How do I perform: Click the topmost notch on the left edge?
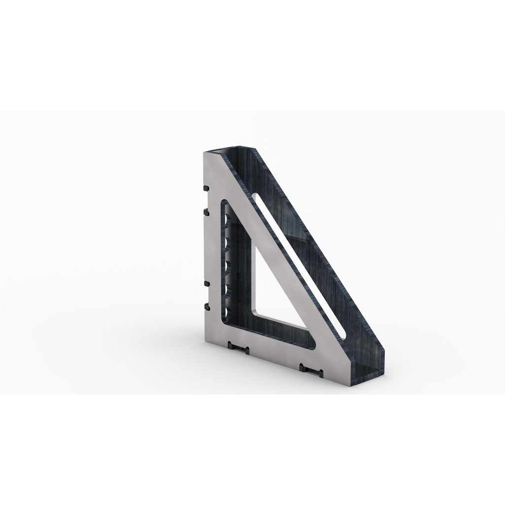tap(204, 188)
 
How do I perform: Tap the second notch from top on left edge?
tap(204, 211)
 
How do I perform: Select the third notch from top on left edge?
tap(204, 284)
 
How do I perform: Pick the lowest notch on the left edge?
tap(204, 306)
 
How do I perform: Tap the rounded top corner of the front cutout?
tap(225, 203)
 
